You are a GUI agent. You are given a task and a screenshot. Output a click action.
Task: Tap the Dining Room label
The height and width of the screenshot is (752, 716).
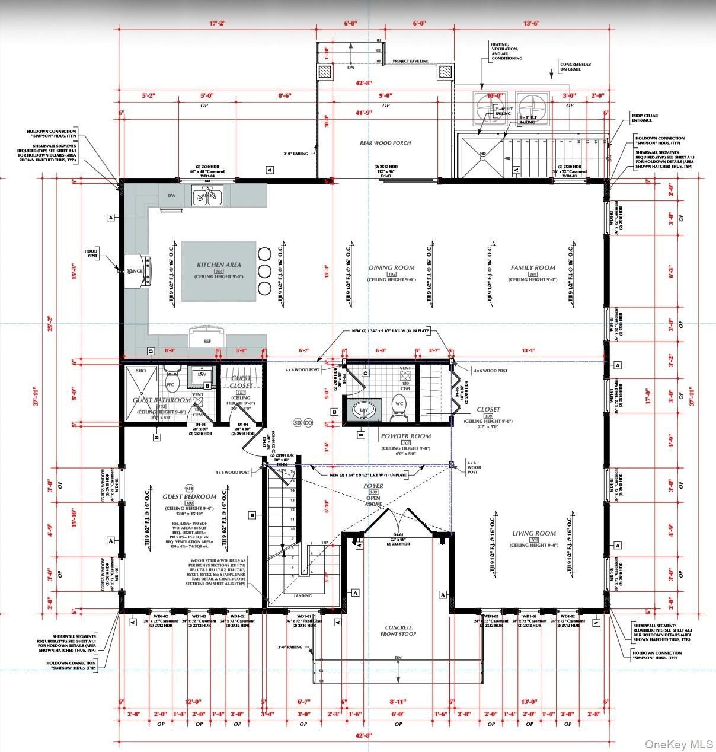pos(391,268)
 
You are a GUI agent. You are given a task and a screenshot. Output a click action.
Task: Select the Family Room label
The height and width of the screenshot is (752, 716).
pos(533,268)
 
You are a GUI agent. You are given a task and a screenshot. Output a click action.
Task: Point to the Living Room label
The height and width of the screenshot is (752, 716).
pos(533,534)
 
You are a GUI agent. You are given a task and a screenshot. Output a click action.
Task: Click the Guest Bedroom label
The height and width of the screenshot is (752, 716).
pos(190,496)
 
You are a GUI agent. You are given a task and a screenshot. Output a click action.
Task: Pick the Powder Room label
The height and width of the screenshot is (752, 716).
pos(406,436)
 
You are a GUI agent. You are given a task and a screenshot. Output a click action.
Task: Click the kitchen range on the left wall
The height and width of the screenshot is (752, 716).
pos(138,270)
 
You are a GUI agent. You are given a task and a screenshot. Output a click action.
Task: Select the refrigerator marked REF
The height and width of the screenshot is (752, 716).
pos(207,338)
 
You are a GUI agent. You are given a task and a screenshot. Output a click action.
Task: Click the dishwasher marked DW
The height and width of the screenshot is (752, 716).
pos(171,195)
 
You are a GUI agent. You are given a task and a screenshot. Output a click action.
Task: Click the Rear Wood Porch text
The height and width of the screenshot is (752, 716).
pos(385,143)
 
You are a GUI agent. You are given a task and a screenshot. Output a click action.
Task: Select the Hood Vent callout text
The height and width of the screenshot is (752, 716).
pos(91,254)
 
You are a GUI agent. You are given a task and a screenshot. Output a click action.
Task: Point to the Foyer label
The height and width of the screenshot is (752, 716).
pos(373,486)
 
